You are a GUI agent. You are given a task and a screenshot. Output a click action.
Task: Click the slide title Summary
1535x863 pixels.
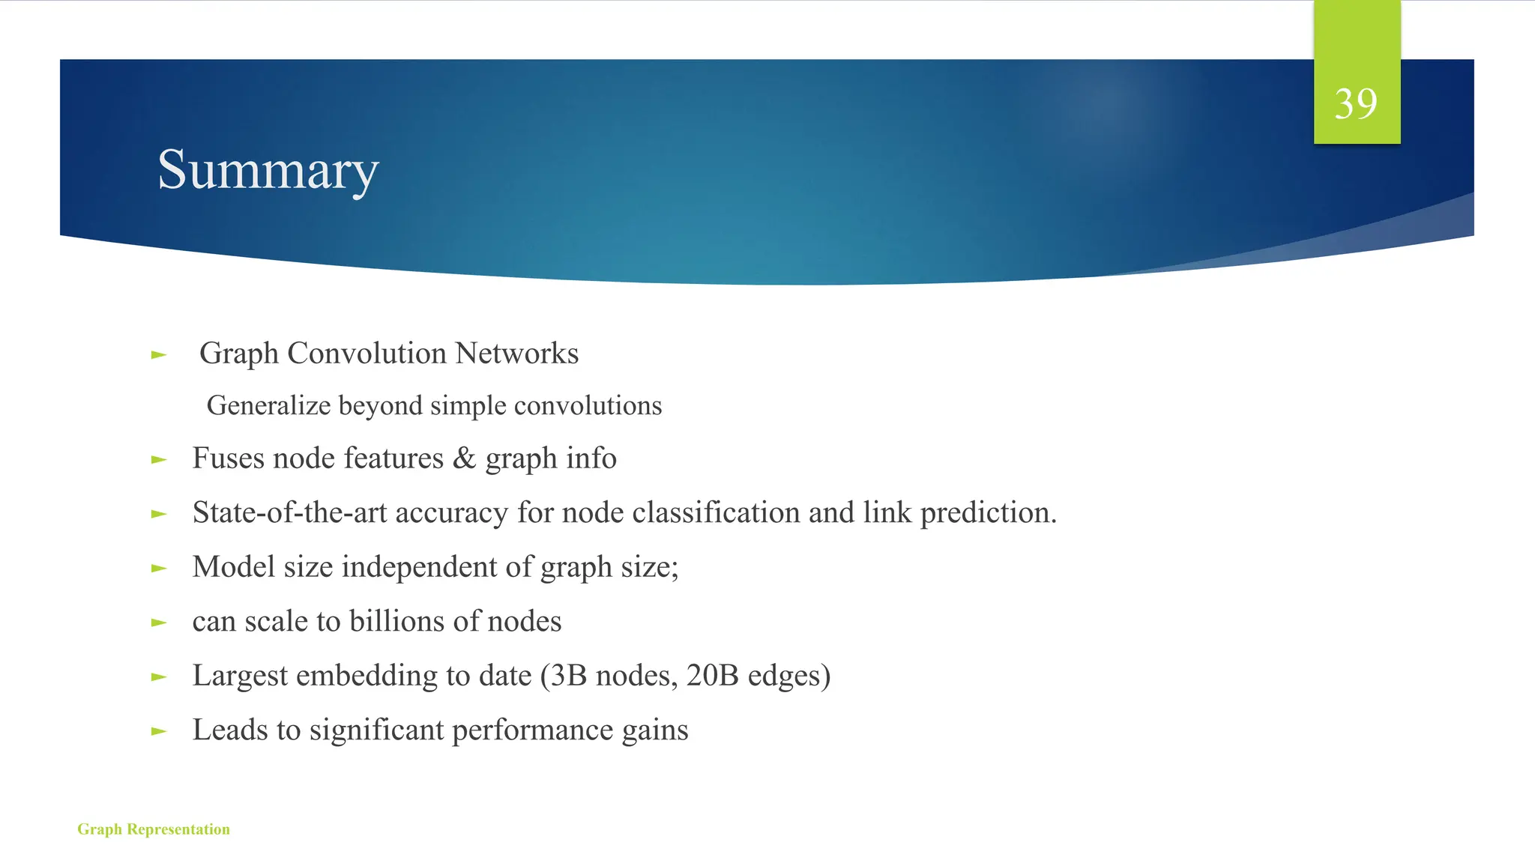[x=268, y=170]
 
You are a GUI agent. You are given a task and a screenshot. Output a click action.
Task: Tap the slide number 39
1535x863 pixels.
[x=1356, y=103]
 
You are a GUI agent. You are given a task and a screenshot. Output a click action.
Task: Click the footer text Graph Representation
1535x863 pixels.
[x=154, y=829]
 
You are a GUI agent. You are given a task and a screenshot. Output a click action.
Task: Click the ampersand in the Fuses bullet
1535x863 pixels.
[x=465, y=458]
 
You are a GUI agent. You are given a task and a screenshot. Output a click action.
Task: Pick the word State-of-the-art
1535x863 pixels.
[x=289, y=512]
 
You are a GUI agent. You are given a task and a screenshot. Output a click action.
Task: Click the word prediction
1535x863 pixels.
[x=988, y=512]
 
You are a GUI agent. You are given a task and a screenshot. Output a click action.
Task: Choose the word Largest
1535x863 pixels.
[x=240, y=676]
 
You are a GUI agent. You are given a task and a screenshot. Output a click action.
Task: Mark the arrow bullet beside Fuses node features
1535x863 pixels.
[x=158, y=459]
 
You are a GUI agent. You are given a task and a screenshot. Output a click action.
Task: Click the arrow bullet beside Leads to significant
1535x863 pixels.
[x=158, y=731]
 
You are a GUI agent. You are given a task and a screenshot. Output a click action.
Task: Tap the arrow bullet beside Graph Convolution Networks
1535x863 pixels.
[x=158, y=354]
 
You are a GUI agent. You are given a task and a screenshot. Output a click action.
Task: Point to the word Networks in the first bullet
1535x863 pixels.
[x=517, y=353]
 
